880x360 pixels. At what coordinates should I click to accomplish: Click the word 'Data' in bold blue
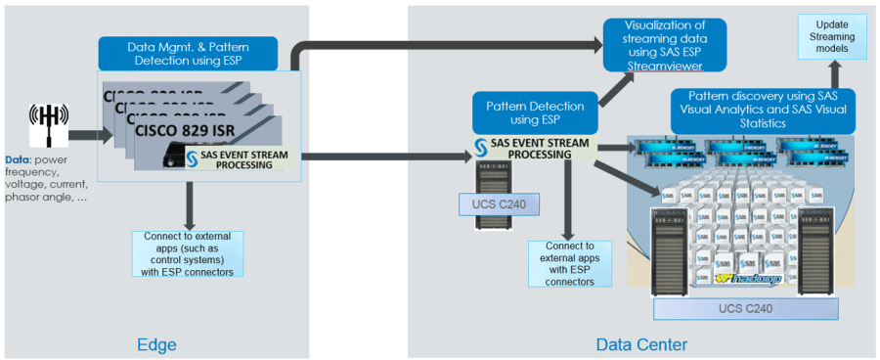pyautogui.click(x=18, y=157)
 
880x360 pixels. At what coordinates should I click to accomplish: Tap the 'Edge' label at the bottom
pyautogui.click(x=156, y=344)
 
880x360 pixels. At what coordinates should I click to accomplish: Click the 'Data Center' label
pyautogui.click(x=641, y=344)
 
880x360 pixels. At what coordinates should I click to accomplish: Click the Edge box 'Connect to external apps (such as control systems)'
pyautogui.click(x=187, y=253)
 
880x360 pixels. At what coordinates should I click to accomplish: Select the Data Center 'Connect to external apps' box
pyautogui.click(x=569, y=265)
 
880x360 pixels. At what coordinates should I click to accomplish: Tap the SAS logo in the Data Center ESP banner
pyautogui.click(x=481, y=148)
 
